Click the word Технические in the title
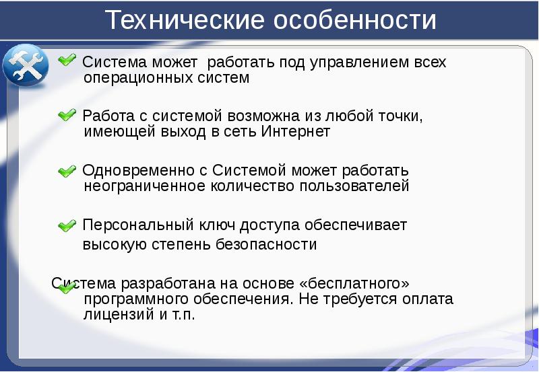(x=185, y=20)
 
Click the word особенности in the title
(x=354, y=20)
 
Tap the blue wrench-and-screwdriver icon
(x=25, y=66)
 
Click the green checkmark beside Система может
(x=67, y=61)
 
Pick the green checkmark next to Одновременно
(x=67, y=172)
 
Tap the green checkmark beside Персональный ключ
(x=67, y=225)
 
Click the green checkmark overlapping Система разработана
(x=67, y=288)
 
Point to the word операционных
(x=138, y=78)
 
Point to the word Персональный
(x=137, y=225)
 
